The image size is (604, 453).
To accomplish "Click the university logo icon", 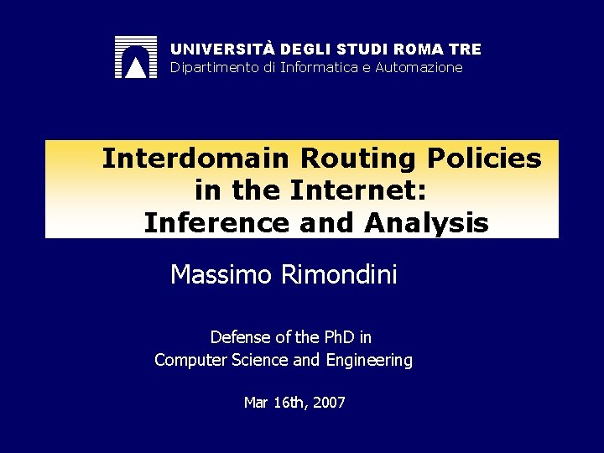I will point(135,58).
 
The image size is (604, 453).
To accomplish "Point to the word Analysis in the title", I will point(427,224).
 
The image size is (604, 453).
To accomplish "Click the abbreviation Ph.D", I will point(339,337).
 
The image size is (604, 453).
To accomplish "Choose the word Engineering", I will point(371,362).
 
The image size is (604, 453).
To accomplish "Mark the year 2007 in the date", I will point(327,403).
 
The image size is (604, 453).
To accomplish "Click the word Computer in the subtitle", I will point(187,362).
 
